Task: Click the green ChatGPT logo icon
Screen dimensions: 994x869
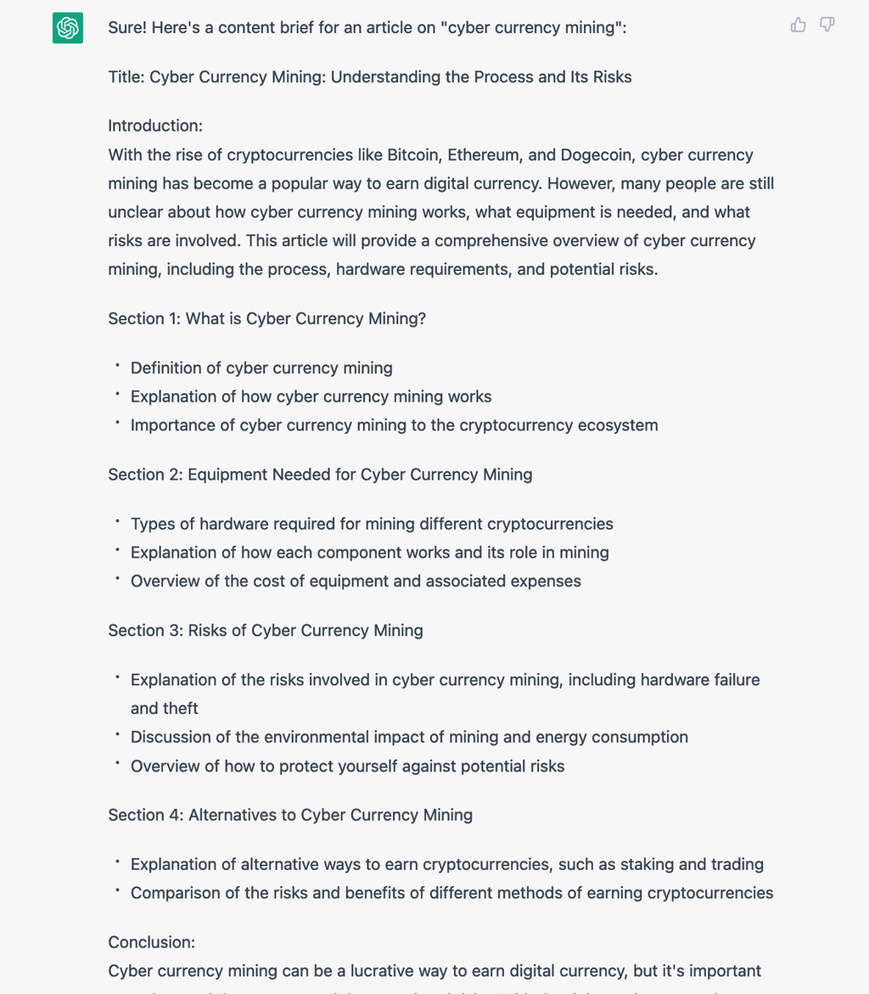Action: pyautogui.click(x=68, y=28)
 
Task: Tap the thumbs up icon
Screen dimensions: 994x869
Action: pyautogui.click(x=798, y=25)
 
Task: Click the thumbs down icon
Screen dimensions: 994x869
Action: pyautogui.click(x=827, y=25)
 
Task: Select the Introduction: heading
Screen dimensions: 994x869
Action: pyautogui.click(x=155, y=126)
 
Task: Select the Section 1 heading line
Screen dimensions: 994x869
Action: pyautogui.click(x=266, y=318)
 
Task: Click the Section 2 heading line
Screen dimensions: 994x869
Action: pyautogui.click(x=320, y=475)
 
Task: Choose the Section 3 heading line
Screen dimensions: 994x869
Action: pyautogui.click(x=265, y=631)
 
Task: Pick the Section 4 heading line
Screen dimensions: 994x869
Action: pyautogui.click(x=290, y=815)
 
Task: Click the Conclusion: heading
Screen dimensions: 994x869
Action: pyautogui.click(x=151, y=942)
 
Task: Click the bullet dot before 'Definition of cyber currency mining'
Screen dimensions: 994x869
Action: pyautogui.click(x=117, y=366)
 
